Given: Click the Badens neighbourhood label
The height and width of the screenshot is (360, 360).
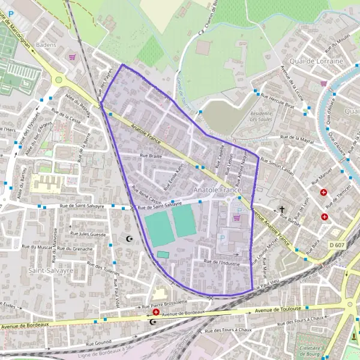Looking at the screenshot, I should tap(46, 45).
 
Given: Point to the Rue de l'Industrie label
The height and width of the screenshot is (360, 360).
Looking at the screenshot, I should tap(222, 262).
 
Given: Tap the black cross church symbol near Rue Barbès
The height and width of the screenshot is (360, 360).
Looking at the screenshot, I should tap(282, 210).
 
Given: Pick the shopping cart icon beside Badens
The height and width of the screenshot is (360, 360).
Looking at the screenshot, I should tap(73, 58).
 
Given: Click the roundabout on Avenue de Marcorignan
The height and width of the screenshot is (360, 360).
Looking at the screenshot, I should tap(58, 79).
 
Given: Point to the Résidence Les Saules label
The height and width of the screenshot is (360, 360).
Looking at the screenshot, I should tap(261, 115).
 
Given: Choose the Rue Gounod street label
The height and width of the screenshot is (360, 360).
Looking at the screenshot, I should tap(98, 344).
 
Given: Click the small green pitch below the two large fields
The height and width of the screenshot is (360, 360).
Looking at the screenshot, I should tap(163, 255).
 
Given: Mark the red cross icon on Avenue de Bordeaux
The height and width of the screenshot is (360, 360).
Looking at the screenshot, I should tap(156, 312).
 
